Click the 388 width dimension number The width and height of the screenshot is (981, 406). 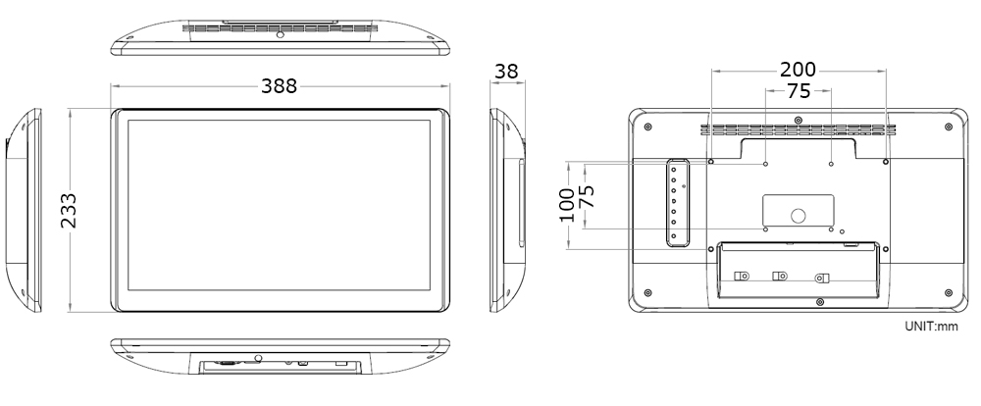(280, 86)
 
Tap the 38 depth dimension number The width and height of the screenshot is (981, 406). (507, 72)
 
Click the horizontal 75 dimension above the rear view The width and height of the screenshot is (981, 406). (799, 91)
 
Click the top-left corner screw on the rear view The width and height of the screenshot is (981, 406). (648, 126)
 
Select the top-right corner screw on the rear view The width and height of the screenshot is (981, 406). (948, 126)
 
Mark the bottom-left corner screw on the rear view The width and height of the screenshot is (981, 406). (648, 291)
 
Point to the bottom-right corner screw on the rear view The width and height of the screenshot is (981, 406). (948, 291)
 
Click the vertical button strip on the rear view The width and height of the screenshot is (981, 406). (675, 203)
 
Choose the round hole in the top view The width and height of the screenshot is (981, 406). (281, 35)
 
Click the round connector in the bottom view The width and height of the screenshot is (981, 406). (257, 359)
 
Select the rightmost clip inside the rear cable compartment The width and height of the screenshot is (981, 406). (823, 279)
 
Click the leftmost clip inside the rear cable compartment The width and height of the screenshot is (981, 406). (743, 277)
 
